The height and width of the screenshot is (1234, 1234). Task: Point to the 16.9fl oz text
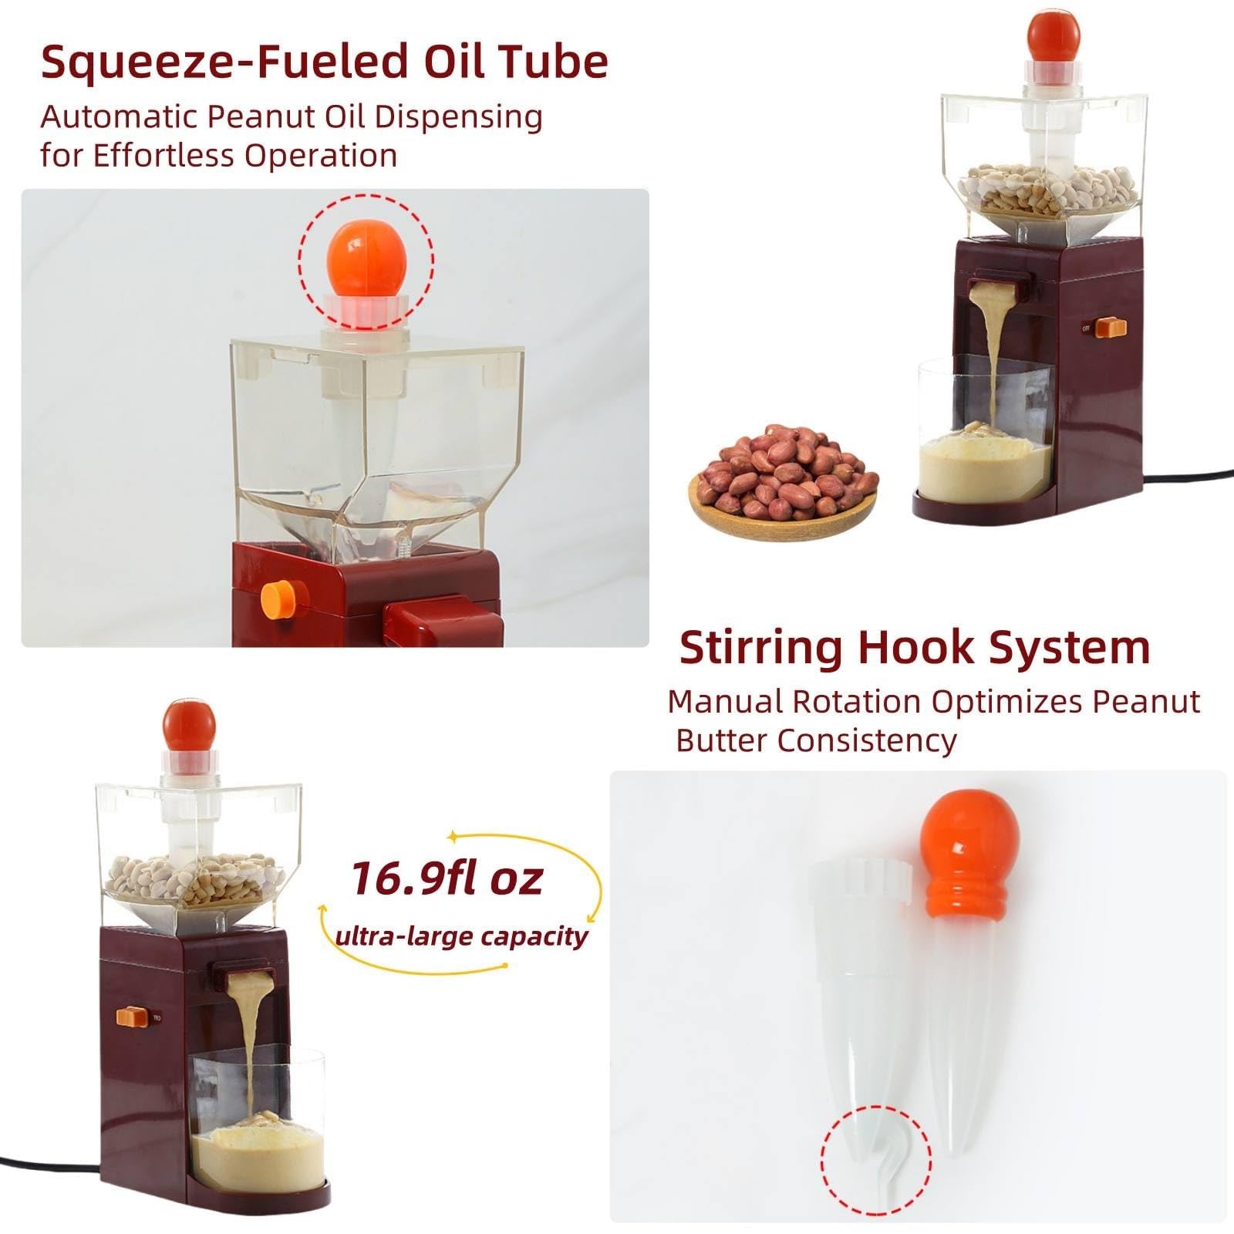pyautogui.click(x=447, y=878)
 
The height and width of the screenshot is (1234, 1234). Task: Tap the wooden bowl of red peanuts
pyautogui.click(x=783, y=481)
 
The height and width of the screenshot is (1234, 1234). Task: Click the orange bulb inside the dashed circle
pyautogui.click(x=366, y=259)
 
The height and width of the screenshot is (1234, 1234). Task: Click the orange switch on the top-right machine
pyautogui.click(x=1111, y=327)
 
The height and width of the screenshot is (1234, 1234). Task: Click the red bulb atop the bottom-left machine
pyautogui.click(x=190, y=724)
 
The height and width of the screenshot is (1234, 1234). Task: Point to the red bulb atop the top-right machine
pyautogui.click(x=1054, y=33)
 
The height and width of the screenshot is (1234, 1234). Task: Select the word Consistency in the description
pyautogui.click(x=867, y=741)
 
